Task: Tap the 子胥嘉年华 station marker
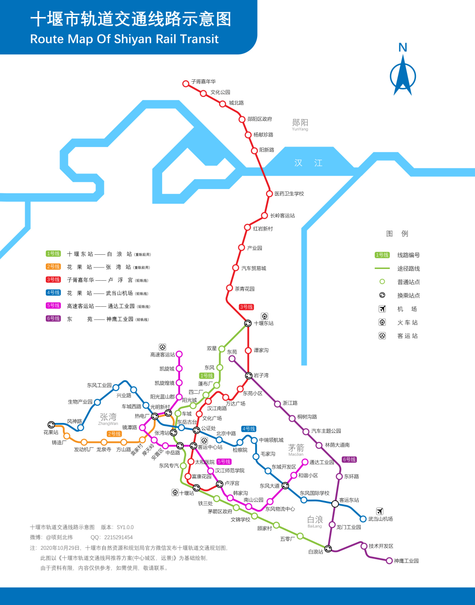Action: tap(186, 84)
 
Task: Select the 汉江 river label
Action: tap(308, 163)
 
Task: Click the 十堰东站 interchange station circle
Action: tap(248, 323)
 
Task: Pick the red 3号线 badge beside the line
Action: tap(246, 307)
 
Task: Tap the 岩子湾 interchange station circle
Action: tap(249, 375)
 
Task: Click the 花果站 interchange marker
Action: tap(52, 425)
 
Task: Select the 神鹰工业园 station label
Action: tap(406, 561)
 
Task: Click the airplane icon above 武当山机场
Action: tap(380, 511)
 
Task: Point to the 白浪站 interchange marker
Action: tap(328, 549)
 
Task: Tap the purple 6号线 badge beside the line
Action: tap(349, 459)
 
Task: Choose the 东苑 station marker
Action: tap(232, 359)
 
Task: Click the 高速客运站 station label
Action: tap(163, 354)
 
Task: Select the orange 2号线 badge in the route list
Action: tap(53, 267)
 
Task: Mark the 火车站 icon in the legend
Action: tap(382, 322)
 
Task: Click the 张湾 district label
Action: tap(108, 417)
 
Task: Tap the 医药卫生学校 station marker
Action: tap(269, 194)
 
